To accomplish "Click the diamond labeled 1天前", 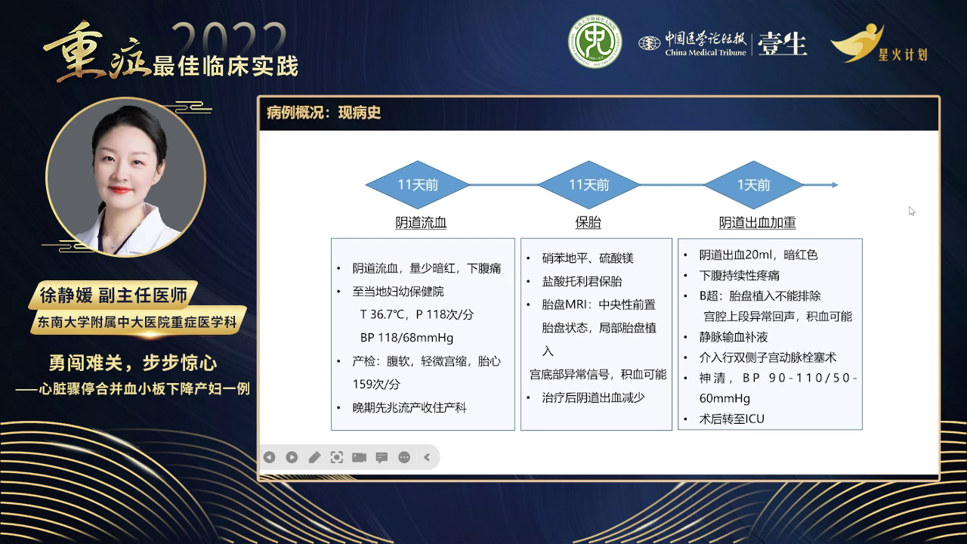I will pyautogui.click(x=753, y=185).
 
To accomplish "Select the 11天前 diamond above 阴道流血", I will pyautogui.click(x=418, y=185).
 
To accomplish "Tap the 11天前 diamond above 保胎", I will pyautogui.click(x=589, y=185).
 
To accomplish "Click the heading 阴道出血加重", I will pyautogui.click(x=757, y=223).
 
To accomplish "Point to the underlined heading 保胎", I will pyautogui.click(x=589, y=223).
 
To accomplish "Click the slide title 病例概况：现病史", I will pyautogui.click(x=324, y=113).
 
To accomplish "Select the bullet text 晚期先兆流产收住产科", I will pyautogui.click(x=409, y=407).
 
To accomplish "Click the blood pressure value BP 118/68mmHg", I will pyautogui.click(x=406, y=338).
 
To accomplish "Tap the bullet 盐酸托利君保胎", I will pyautogui.click(x=582, y=281).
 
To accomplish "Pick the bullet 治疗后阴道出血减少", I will pyautogui.click(x=593, y=397).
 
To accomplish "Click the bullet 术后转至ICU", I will pyautogui.click(x=731, y=419).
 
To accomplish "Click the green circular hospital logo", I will pyautogui.click(x=595, y=42).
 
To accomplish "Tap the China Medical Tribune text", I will pyautogui.click(x=705, y=52).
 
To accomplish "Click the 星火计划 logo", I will pyautogui.click(x=879, y=44).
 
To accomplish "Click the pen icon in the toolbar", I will pyautogui.click(x=314, y=457).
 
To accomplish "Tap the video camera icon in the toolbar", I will pyautogui.click(x=359, y=457).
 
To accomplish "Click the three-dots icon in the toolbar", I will pyautogui.click(x=403, y=457).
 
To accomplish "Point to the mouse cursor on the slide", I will pyautogui.click(x=912, y=211).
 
